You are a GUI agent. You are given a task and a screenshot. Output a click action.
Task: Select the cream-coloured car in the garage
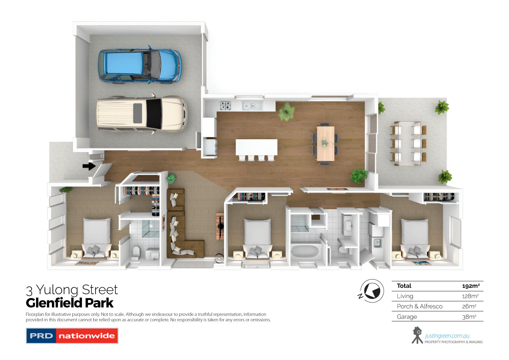pyautogui.click(x=142, y=114)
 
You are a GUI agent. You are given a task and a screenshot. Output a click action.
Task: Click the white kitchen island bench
pyautogui.click(x=257, y=147)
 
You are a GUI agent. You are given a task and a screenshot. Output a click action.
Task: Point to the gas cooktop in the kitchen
pyautogui.click(x=225, y=106)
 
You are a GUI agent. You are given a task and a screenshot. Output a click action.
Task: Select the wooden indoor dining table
pyautogui.click(x=325, y=143)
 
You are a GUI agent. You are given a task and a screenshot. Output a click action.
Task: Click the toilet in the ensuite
pyautogui.click(x=136, y=252)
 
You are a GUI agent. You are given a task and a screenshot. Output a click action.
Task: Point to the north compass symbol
pyautogui.click(x=372, y=291)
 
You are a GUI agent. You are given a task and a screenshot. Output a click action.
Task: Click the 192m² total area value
pyautogui.click(x=471, y=286)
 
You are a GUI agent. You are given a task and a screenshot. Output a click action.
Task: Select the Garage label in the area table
pyautogui.click(x=407, y=317)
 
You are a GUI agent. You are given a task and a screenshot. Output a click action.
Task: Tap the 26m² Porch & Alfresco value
pyautogui.click(x=469, y=306)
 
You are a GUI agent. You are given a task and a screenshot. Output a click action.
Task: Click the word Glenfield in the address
pyautogui.click(x=54, y=303)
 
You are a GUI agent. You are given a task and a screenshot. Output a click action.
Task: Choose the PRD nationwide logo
pyautogui.click(x=72, y=336)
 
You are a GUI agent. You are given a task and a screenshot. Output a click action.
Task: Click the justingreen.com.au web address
pyautogui.click(x=447, y=336)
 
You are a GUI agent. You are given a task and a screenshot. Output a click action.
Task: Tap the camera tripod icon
pyautogui.click(x=417, y=335)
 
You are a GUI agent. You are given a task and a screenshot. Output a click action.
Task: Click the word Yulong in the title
pyautogui.click(x=57, y=290)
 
